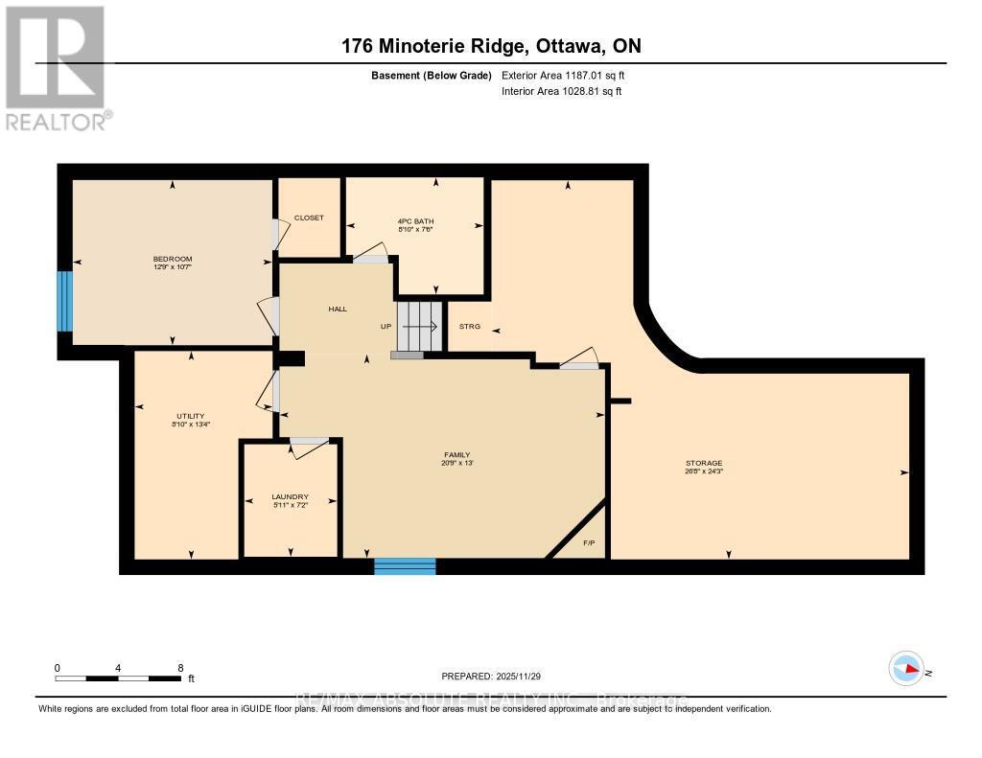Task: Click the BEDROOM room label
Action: tap(173, 259)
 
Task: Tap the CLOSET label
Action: tap(309, 218)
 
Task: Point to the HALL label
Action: tap(338, 309)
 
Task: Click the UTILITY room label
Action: tap(190, 416)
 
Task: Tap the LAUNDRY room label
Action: tap(290, 496)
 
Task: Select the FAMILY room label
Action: tap(456, 455)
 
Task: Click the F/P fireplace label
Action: tap(589, 543)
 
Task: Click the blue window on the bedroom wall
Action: tap(64, 301)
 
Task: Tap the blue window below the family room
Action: tap(405, 566)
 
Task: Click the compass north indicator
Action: tap(906, 669)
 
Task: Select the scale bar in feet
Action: tap(118, 678)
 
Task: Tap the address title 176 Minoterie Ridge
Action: tap(490, 45)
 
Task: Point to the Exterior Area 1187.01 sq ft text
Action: tap(563, 75)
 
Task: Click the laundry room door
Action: tap(309, 441)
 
